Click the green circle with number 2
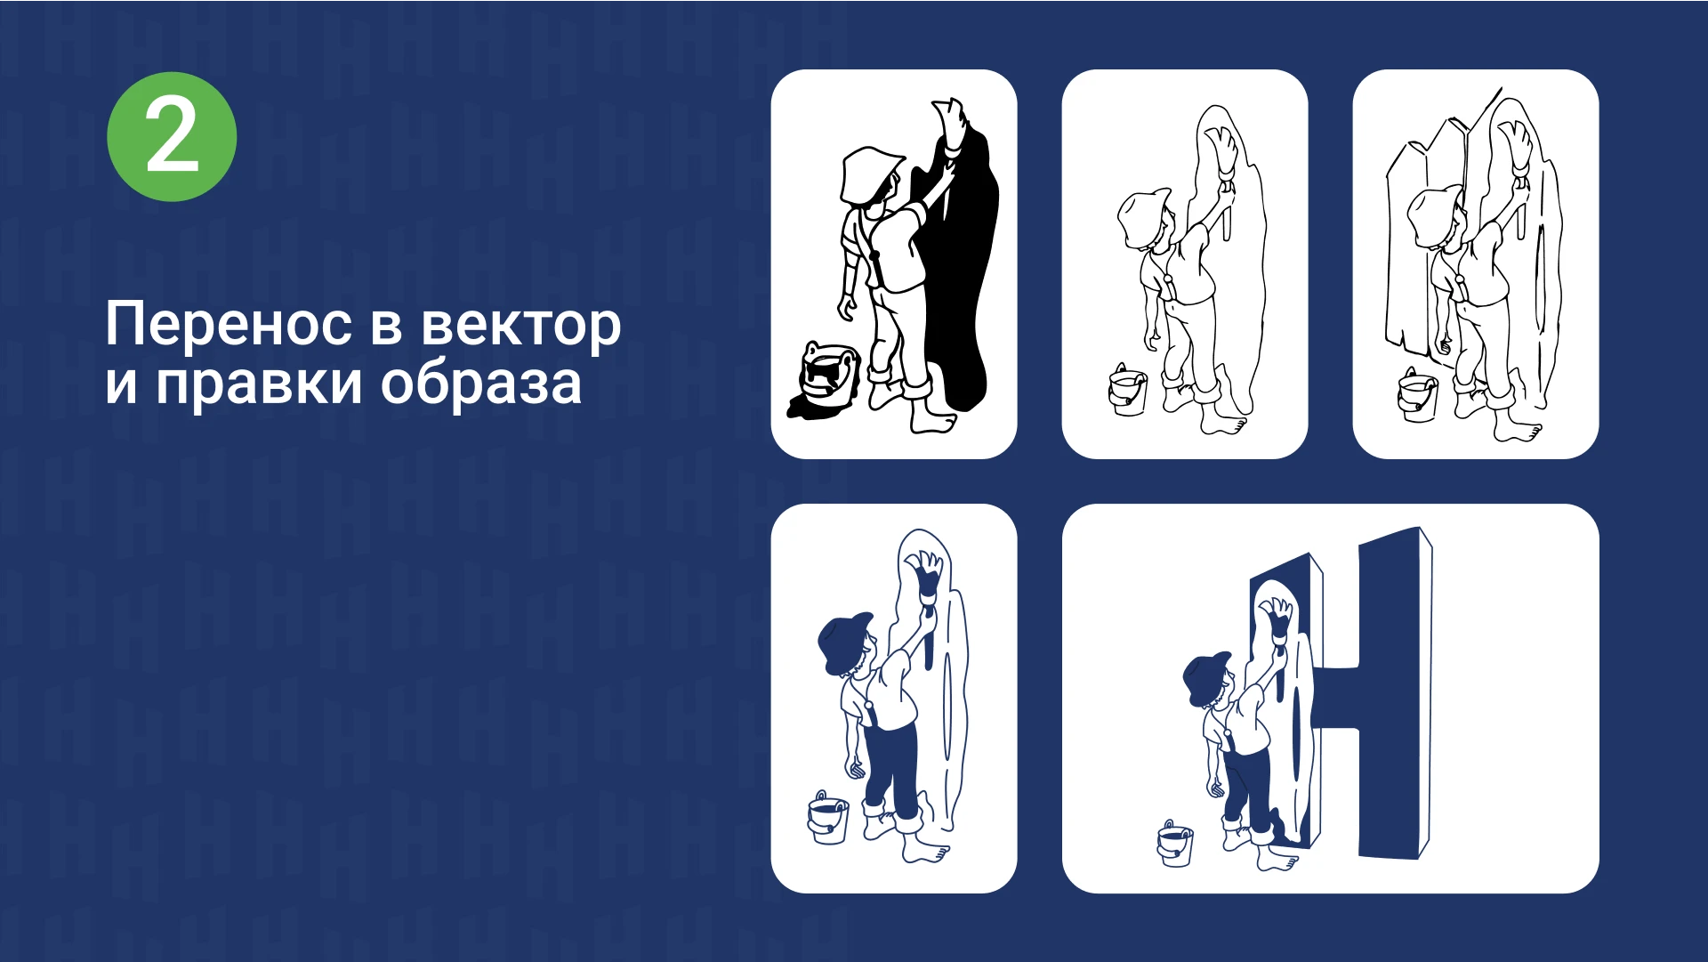pos(172,137)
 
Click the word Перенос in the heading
pos(228,325)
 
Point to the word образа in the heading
pos(481,384)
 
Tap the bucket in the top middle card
pos(1127,390)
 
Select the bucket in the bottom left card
pos(828,819)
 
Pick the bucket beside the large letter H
pos(1175,844)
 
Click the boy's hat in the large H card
pos(1206,677)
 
